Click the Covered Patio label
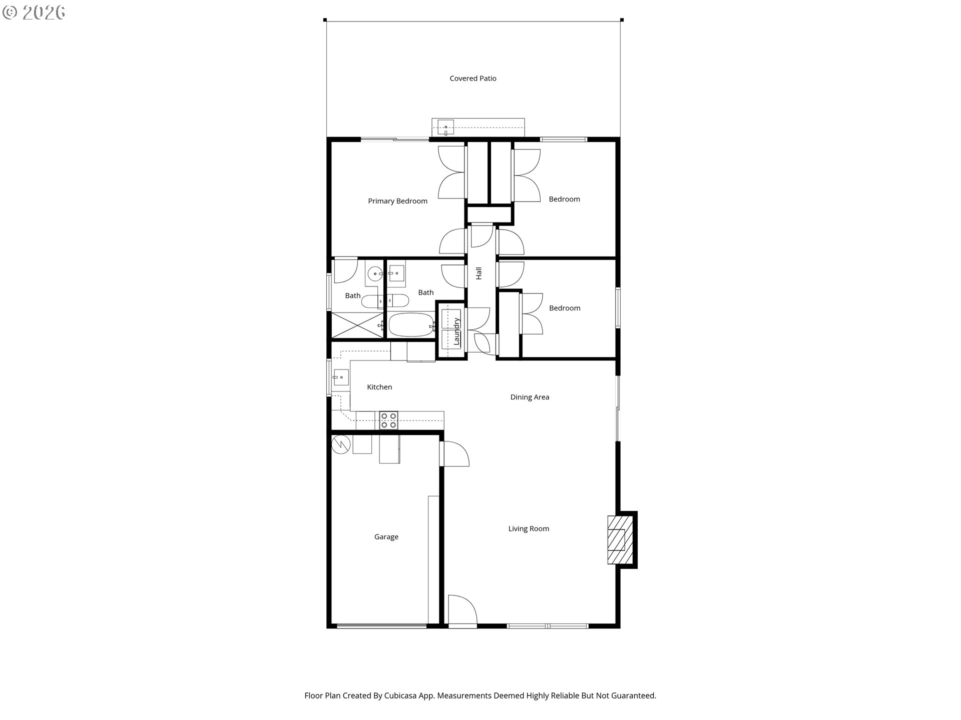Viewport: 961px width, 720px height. (473, 78)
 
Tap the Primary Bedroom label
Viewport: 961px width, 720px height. (398, 201)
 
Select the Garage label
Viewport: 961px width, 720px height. (386, 537)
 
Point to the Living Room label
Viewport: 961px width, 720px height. (529, 528)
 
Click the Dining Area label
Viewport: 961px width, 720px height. (530, 397)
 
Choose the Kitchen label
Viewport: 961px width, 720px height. (379, 387)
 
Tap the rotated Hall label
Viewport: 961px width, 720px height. (479, 273)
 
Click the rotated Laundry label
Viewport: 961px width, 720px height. (456, 331)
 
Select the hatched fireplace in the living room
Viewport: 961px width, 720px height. (620, 539)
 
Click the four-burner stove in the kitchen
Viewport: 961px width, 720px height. (388, 420)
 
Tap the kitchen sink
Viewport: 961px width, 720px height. (341, 377)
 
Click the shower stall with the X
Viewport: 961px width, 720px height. (357, 325)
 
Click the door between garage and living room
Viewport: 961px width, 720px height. (454, 453)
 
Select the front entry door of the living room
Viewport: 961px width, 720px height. (462, 609)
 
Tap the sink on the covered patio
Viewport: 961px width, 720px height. (446, 127)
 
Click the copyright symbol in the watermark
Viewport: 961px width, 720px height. (10, 12)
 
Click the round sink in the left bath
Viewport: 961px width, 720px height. (374, 274)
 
